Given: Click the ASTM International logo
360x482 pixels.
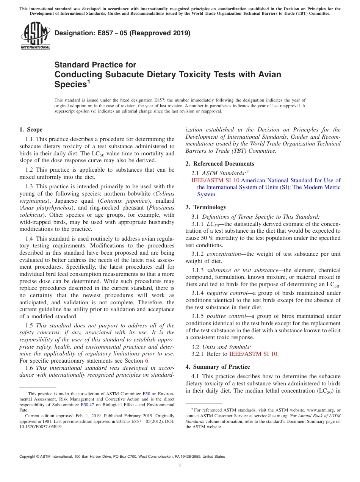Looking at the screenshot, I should pos(35,36).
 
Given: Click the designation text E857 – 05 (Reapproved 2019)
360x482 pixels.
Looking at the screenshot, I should pos(122,33).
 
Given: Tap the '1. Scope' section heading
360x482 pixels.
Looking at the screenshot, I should pos(31,130).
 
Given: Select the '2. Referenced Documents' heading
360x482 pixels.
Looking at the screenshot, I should pos(220,164).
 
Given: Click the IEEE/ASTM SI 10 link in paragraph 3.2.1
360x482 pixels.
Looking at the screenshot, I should pos(253,354).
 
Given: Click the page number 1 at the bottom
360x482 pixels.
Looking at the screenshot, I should pos(180,466).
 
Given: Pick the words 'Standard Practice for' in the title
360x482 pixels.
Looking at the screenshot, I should pos(95,65).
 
